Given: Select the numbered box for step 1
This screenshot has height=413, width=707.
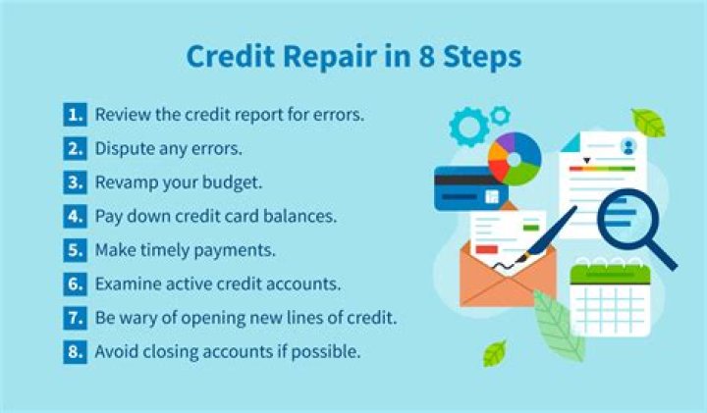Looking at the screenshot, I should [75, 115].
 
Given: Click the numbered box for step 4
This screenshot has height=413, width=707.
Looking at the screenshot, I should [75, 216].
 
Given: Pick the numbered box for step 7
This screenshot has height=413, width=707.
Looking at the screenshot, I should [75, 318].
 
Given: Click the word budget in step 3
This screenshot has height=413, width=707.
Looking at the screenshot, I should [239, 182].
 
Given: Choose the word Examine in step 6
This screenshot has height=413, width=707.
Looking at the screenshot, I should [126, 284].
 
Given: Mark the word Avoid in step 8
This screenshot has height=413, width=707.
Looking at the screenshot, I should [114, 351].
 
